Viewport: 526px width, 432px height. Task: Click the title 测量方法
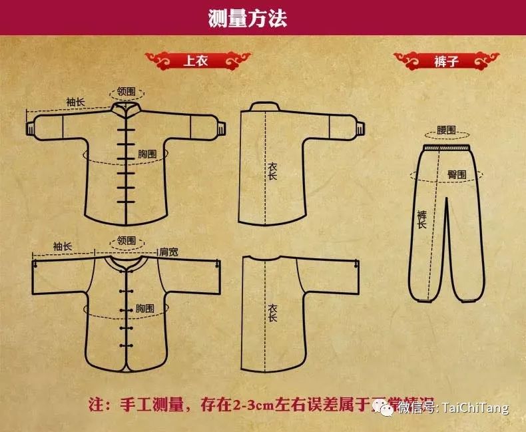247,18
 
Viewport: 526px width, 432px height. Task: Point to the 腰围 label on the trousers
447,129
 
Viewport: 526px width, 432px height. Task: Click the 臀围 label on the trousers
456,174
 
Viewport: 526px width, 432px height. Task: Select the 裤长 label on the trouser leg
421,220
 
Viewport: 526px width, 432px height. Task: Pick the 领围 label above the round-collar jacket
127,240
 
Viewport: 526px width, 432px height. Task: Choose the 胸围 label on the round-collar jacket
145,308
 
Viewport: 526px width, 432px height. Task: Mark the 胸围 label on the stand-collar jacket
147,154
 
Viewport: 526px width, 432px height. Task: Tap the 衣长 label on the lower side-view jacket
272,314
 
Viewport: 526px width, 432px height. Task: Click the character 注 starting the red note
99,404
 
